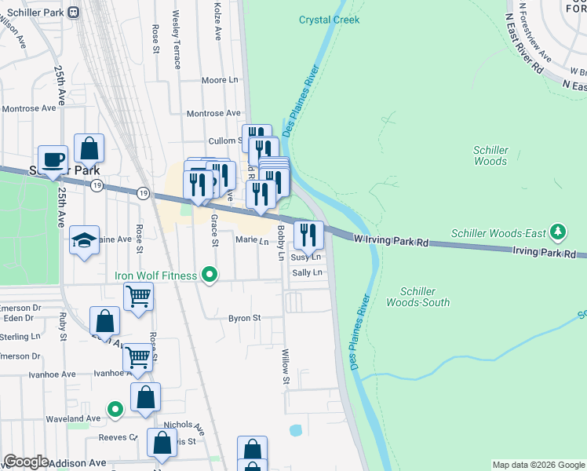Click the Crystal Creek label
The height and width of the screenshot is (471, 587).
click(329, 20)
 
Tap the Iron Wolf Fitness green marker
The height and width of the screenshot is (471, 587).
click(209, 275)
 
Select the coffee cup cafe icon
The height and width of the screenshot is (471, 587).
click(53, 160)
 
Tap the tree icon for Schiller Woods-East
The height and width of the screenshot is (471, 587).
click(558, 232)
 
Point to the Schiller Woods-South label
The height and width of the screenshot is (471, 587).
click(424, 297)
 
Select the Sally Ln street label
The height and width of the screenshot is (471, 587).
click(307, 272)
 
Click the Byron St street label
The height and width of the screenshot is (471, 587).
click(243, 318)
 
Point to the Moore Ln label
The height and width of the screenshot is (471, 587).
click(220, 80)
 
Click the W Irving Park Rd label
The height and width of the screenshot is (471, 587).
click(390, 239)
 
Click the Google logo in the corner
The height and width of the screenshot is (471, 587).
click(26, 462)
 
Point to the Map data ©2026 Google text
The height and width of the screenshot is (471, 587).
click(538, 465)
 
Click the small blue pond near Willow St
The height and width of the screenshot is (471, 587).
click(295, 429)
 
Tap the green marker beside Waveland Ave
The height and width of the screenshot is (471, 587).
click(115, 409)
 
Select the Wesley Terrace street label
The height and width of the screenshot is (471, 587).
click(177, 38)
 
